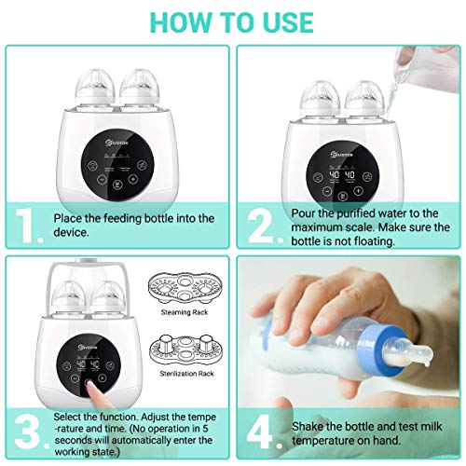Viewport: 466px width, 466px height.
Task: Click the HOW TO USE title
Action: (x=232, y=20)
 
